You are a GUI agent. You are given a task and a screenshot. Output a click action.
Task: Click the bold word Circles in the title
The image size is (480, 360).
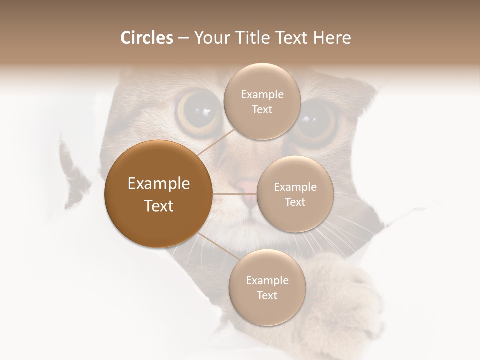tap(146, 38)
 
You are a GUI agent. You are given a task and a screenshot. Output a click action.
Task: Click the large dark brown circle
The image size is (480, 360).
tap(158, 194)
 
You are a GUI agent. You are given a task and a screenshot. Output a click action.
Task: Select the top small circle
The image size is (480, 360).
tap(262, 101)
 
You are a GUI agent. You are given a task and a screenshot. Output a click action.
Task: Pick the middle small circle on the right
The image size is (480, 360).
tap(295, 194)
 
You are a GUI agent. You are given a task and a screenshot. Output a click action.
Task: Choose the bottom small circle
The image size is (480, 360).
tap(267, 287)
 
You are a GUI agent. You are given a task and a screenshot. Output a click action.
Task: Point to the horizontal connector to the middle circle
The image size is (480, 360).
tap(234, 194)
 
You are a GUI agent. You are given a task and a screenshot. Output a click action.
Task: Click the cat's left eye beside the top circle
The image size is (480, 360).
tap(198, 111)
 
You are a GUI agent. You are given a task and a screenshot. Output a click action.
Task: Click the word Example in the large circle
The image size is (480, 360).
tap(158, 184)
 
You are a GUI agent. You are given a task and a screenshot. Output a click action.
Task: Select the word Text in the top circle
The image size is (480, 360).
tap(262, 110)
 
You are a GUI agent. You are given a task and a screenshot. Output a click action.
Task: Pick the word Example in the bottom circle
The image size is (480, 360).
tap(267, 280)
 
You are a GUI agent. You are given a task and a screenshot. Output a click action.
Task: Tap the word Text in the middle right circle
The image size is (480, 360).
tap(295, 202)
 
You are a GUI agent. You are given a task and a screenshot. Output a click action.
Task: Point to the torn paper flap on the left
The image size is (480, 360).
tap(75, 175)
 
